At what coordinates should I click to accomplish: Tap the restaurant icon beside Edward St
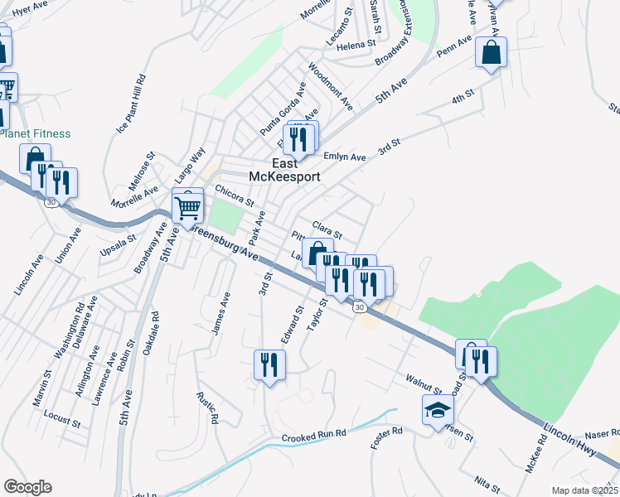pyautogui.click(x=269, y=364)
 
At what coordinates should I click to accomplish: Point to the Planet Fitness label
pyautogui.click(x=35, y=133)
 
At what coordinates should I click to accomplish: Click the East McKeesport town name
pyautogui.click(x=285, y=170)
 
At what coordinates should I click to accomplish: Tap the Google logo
pyautogui.click(x=27, y=486)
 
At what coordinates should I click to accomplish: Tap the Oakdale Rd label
pyautogui.click(x=151, y=334)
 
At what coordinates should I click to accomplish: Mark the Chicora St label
pyautogui.click(x=234, y=196)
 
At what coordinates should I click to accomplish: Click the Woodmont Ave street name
pyautogui.click(x=330, y=86)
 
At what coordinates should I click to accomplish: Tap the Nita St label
pyautogui.click(x=487, y=480)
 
